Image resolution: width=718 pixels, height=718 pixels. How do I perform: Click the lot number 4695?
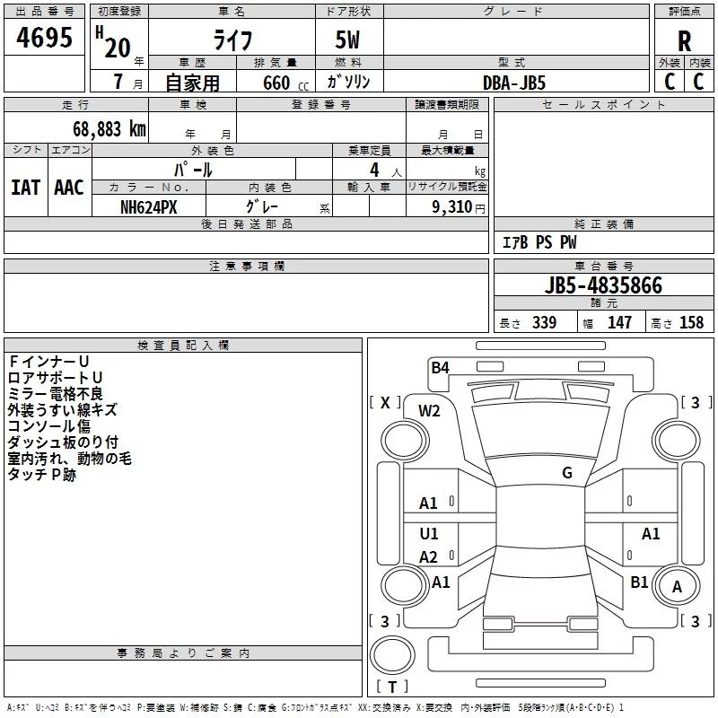45,39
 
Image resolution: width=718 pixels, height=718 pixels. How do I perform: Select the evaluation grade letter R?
684,41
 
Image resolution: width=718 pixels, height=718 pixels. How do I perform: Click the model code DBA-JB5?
514,83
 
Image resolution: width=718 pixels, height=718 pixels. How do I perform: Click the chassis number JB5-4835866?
603,285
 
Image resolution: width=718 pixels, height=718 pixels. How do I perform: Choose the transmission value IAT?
25,188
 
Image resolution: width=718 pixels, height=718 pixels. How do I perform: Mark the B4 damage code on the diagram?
440,367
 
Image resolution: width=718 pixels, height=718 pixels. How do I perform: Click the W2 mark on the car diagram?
429,411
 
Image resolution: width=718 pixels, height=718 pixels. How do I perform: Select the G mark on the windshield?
567,473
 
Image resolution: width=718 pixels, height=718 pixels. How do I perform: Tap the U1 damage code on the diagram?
429,534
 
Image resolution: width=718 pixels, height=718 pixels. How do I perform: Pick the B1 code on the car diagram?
639,582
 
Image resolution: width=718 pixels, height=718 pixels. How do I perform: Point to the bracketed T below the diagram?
392,687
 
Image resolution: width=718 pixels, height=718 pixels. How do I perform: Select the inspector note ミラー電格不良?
55,393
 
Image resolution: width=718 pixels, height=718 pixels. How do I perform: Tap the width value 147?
619,323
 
